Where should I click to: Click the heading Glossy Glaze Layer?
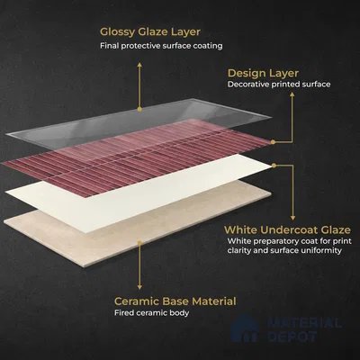tap(150, 32)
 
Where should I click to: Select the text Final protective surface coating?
tap(161, 46)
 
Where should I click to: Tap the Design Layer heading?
tap(263, 74)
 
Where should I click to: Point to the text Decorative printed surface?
tap(279, 85)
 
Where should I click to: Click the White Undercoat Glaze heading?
tap(287, 229)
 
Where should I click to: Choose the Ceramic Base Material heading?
tap(175, 301)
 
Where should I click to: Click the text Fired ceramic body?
tap(151, 313)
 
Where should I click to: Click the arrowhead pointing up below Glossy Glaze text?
tap(139, 65)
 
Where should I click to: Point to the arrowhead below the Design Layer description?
tap(292, 94)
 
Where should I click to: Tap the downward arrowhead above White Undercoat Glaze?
tap(292, 218)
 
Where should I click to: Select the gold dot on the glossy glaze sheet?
tap(139, 110)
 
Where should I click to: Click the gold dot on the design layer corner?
tap(273, 142)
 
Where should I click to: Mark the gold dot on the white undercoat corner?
tap(274, 166)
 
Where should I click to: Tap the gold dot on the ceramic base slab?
tap(139, 243)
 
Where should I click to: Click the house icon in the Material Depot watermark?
tap(245, 328)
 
